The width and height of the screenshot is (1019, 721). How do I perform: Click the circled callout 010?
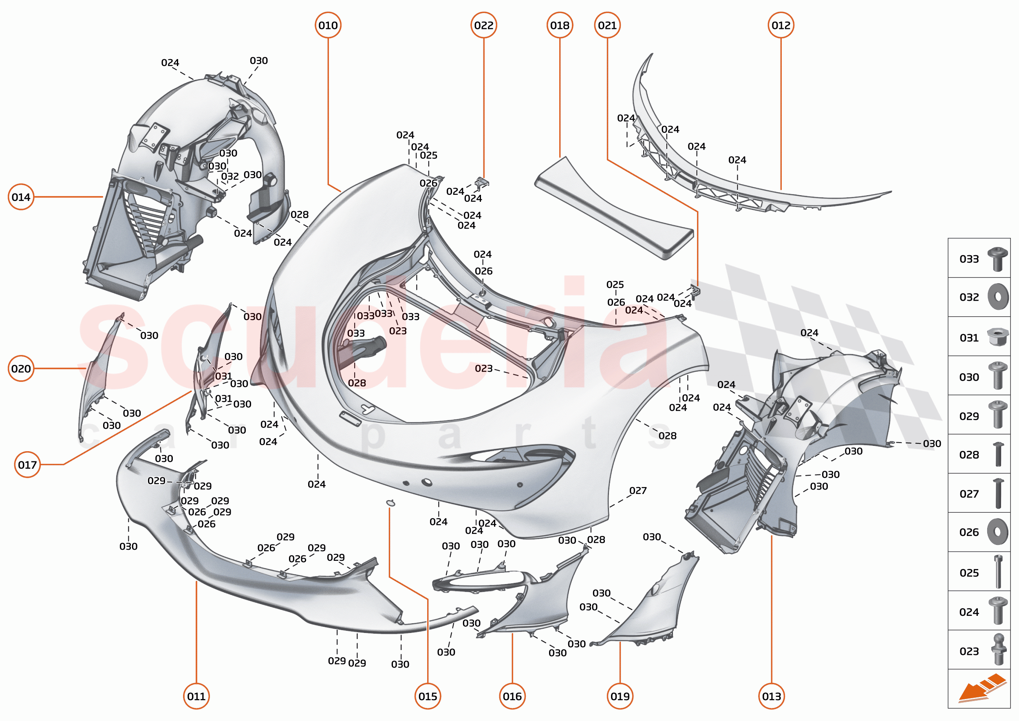click(328, 25)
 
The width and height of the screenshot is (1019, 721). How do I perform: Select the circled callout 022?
click(483, 25)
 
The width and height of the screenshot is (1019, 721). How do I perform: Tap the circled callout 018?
click(560, 25)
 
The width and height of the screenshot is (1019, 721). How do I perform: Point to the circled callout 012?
click(781, 25)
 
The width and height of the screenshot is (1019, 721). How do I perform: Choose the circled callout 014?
click(21, 197)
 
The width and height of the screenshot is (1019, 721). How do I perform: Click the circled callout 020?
click(21, 368)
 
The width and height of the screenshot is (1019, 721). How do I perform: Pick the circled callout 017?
click(27, 464)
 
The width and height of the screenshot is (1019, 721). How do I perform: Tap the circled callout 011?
click(196, 696)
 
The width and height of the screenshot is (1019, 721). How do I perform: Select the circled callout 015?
click(428, 696)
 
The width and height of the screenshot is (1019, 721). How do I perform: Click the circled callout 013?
click(771, 696)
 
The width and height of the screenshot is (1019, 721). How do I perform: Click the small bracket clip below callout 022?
click(481, 182)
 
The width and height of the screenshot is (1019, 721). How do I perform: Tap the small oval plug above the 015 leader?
click(390, 503)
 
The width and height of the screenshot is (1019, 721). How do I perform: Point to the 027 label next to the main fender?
click(637, 491)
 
